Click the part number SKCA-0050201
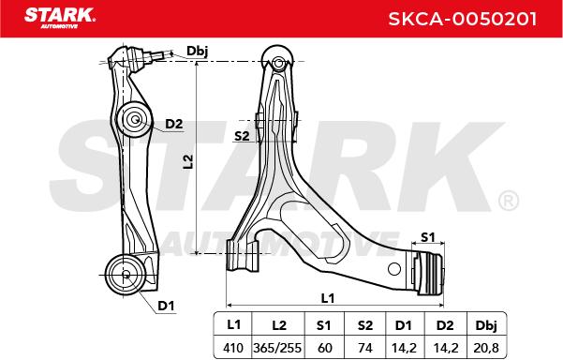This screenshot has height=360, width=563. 463,19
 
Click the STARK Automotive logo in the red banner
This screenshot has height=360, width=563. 60,18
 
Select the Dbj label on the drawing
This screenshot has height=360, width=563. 197,52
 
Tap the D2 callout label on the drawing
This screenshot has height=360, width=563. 174,124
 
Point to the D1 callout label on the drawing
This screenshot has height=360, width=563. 166,306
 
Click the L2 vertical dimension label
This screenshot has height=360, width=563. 187,161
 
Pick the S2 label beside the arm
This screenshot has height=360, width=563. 242,136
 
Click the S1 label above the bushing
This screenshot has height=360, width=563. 427,237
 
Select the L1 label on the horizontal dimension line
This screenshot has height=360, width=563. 328,298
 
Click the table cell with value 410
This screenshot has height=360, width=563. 233,348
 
